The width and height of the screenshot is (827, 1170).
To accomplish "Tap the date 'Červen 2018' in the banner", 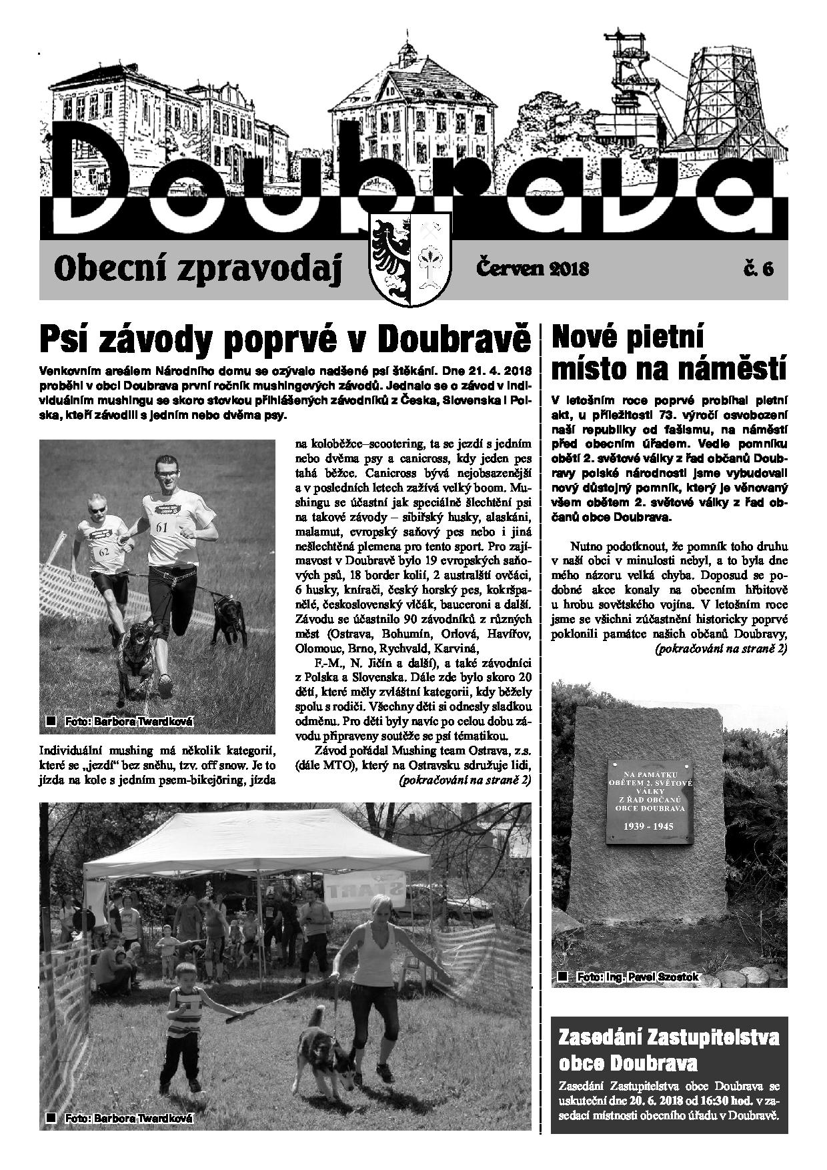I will (x=532, y=268).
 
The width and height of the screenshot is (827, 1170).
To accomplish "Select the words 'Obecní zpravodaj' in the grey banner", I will (x=198, y=268).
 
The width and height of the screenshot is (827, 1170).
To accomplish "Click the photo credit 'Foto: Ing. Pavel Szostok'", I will (x=637, y=977).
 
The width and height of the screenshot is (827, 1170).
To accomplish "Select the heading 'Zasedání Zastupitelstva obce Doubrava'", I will (x=669, y=1049).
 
